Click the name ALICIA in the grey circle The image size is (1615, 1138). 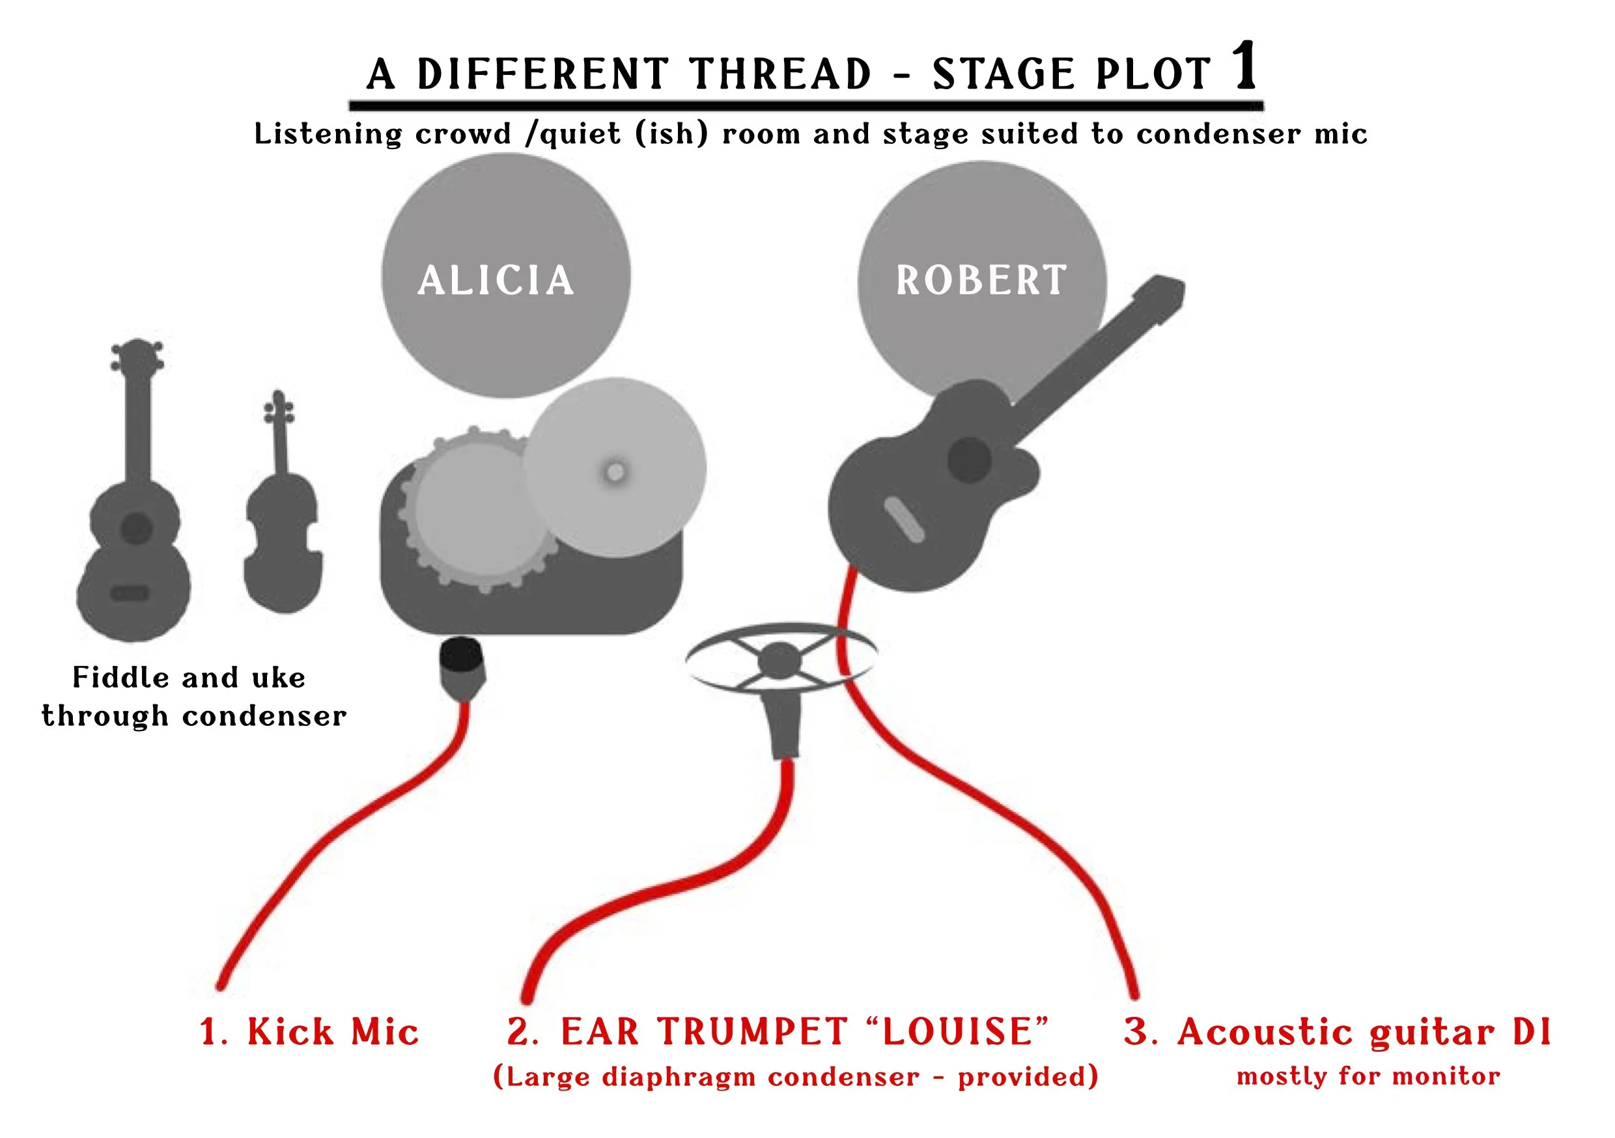[x=496, y=280]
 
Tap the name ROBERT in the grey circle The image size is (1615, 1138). [x=981, y=280]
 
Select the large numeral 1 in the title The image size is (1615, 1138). [x=1244, y=66]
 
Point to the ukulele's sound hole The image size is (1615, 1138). [x=135, y=527]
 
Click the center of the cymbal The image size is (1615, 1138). [x=615, y=471]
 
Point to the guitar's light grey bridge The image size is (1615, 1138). [x=904, y=520]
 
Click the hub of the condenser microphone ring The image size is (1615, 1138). [x=779, y=660]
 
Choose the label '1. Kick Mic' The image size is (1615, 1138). [x=309, y=1032]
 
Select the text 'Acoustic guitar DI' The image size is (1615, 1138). [x=1364, y=1032]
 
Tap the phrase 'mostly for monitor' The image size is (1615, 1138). [x=1368, y=1076]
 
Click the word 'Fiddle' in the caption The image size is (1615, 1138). [x=120, y=677]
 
